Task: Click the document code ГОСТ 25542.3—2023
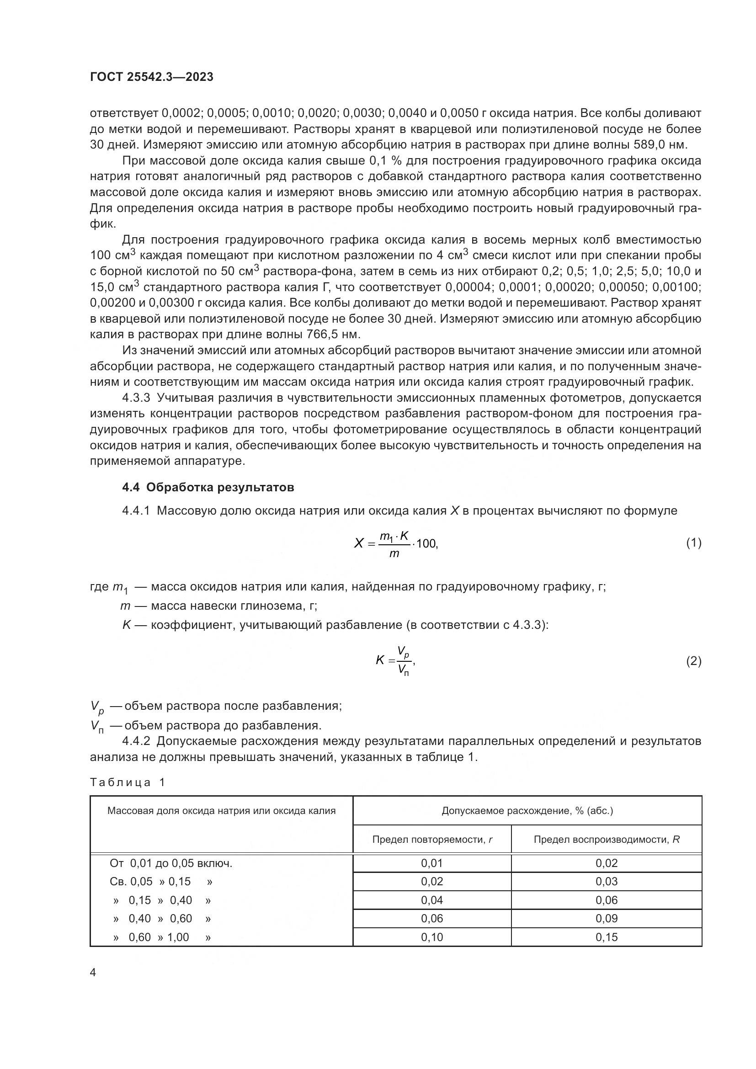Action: (x=152, y=77)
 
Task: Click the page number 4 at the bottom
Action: (x=93, y=973)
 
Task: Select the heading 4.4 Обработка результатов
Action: (x=208, y=488)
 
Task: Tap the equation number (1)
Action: (x=694, y=543)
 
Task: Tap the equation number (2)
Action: (x=694, y=661)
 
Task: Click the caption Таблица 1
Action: (x=128, y=782)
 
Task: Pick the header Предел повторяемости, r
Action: (x=432, y=840)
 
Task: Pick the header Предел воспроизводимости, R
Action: (x=606, y=840)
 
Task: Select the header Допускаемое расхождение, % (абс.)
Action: (x=527, y=811)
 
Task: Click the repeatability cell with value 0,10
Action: (x=432, y=937)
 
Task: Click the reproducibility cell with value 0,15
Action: (x=606, y=937)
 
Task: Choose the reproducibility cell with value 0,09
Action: (x=606, y=918)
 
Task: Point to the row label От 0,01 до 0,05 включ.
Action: (x=171, y=864)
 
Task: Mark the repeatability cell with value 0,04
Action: (x=432, y=900)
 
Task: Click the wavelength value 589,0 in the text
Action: (x=650, y=145)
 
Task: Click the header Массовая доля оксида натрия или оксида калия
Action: (x=222, y=811)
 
